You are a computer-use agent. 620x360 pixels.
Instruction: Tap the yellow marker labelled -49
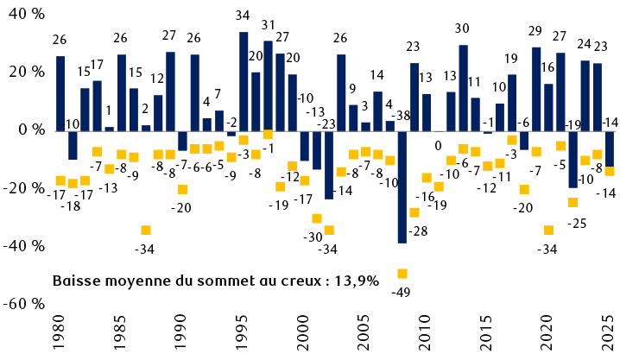pyautogui.click(x=402, y=274)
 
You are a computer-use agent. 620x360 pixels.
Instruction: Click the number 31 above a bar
pyautogui.click(x=268, y=24)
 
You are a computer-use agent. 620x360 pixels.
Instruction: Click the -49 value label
pyautogui.click(x=401, y=292)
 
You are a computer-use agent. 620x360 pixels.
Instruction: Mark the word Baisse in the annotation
pyautogui.click(x=77, y=281)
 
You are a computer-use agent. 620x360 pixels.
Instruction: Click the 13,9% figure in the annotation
pyautogui.click(x=356, y=281)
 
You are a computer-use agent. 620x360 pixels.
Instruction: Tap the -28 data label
pyautogui.click(x=419, y=231)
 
